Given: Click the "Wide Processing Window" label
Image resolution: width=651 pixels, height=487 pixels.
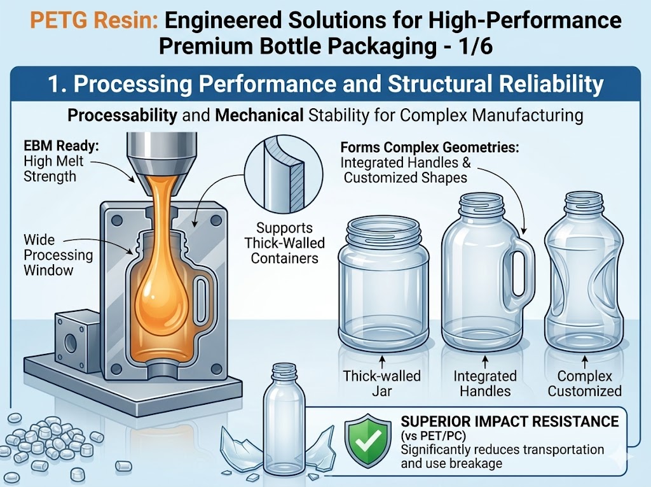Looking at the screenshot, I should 58,255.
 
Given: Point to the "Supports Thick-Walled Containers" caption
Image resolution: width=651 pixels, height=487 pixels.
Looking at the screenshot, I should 284,243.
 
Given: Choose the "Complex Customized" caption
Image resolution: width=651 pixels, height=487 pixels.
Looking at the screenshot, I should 585,383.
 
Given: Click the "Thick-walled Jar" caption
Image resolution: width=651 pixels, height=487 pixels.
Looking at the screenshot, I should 381,383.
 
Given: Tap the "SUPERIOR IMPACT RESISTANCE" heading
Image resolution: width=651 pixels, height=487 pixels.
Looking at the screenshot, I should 509,421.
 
